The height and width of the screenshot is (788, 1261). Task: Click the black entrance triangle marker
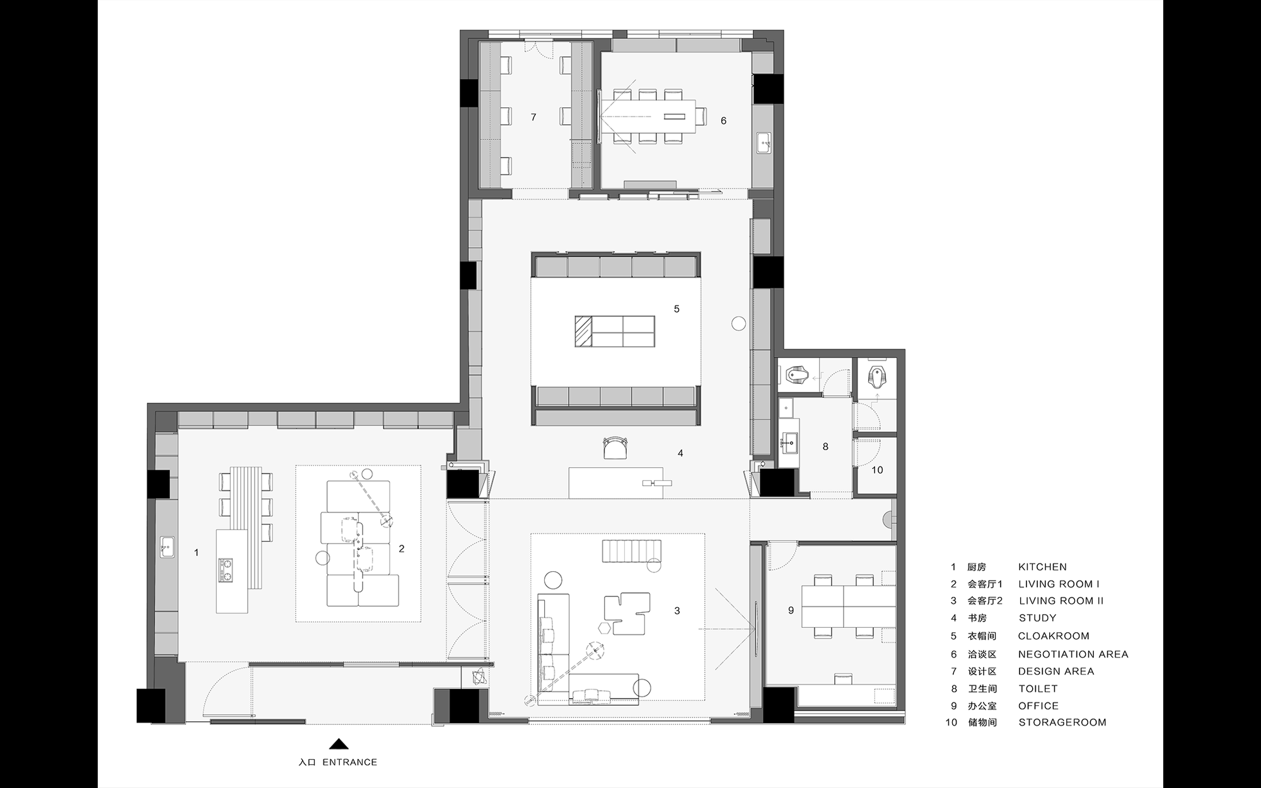coord(339,744)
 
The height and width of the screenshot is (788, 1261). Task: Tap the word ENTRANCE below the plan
coord(349,762)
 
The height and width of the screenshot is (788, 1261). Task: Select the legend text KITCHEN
coord(1042,567)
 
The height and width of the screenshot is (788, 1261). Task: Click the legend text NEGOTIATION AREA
coord(1072,654)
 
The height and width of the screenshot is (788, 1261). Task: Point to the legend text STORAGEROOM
coord(1062,722)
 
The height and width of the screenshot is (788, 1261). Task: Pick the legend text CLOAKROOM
coord(1053,636)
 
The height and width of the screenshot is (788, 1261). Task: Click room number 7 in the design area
coord(533,117)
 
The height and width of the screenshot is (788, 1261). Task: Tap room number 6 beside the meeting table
coord(723,120)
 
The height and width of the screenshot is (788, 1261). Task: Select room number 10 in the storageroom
coord(877,470)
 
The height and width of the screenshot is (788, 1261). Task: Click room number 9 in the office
coord(791,610)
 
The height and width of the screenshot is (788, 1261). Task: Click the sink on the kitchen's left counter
coord(167,547)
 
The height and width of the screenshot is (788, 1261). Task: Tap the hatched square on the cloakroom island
coord(583,332)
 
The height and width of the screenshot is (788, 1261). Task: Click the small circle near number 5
coord(738,324)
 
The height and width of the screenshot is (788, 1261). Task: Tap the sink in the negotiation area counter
coord(764,143)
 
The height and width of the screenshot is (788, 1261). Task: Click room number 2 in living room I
coord(402,549)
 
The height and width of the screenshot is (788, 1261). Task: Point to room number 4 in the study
coord(680,453)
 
